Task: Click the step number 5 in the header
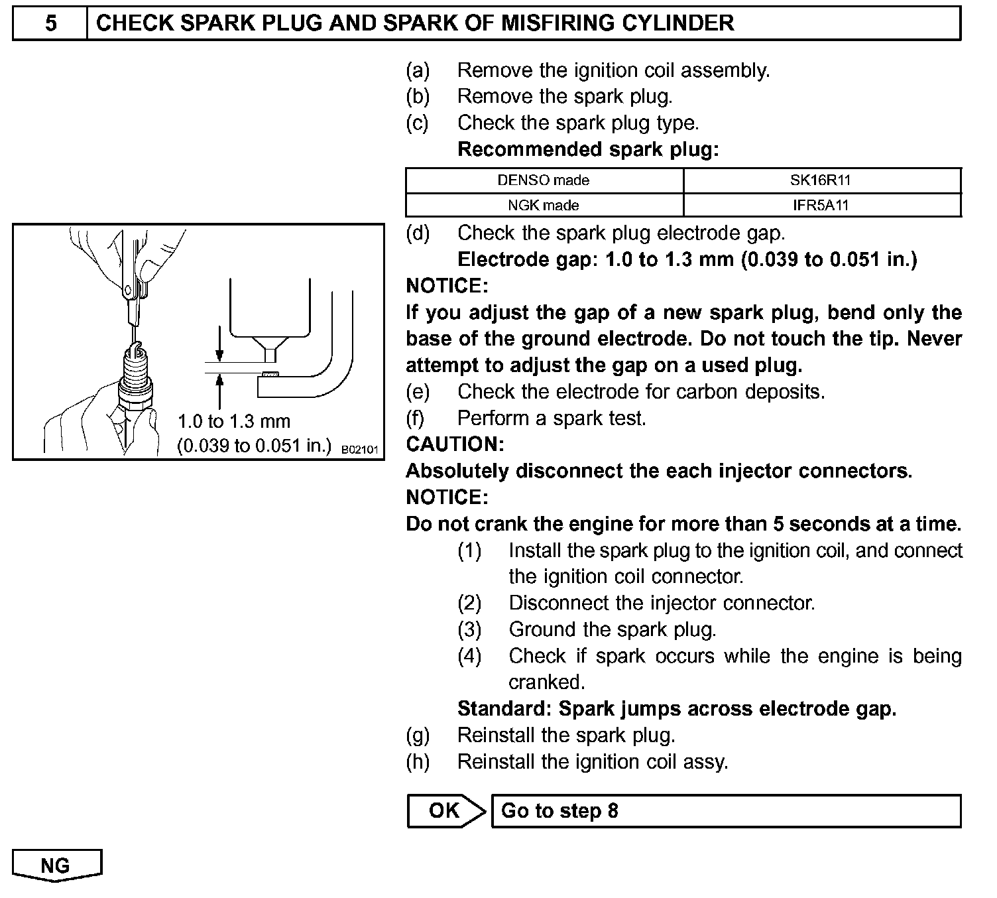coord(50,24)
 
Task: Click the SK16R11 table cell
coord(821,180)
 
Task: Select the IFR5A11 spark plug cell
coord(821,205)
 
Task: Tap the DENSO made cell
coord(544,180)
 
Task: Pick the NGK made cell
coord(544,205)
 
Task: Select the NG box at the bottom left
coord(56,866)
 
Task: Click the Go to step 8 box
coord(725,810)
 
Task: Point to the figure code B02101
coord(359,450)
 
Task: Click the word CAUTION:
coord(455,444)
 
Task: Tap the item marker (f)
coord(418,418)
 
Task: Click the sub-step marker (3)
coord(469,629)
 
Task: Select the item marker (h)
coord(418,761)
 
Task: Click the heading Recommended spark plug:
coord(588,149)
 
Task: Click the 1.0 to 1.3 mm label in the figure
coord(234,421)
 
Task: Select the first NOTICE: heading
coord(447,286)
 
